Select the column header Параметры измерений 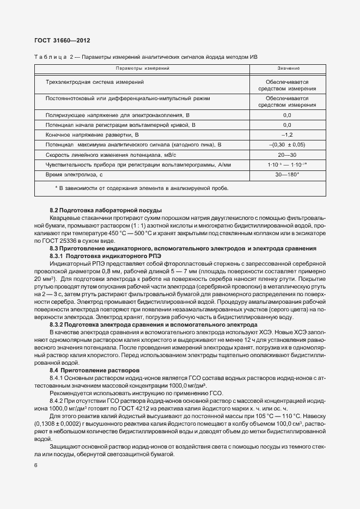click(143, 69)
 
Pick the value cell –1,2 click(288, 134)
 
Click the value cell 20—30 click(288, 155)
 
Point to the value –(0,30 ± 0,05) click(288, 145)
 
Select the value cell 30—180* click(288, 174)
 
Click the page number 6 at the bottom click(35, 466)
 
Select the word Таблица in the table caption click(50, 57)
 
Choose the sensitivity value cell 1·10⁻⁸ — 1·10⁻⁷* click(288, 164)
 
